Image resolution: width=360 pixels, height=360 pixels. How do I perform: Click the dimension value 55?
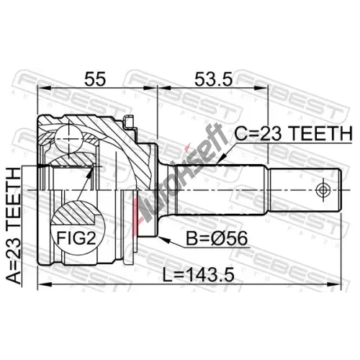click(x=95, y=78)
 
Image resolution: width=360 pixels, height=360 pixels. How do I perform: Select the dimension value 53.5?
click(x=213, y=78)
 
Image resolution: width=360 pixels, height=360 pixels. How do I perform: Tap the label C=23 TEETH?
click(x=293, y=133)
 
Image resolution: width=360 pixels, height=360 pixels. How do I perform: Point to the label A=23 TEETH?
click(x=14, y=225)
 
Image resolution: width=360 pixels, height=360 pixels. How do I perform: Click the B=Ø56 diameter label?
click(x=217, y=238)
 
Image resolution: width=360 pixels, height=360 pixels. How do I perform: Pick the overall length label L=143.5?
click(x=198, y=275)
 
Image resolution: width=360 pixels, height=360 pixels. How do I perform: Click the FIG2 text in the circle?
click(x=76, y=238)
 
